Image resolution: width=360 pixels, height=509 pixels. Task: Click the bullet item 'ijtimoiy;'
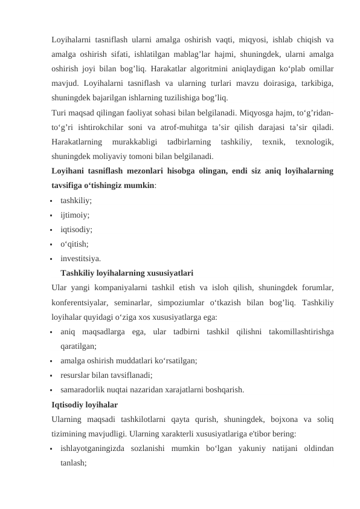click(x=76, y=215)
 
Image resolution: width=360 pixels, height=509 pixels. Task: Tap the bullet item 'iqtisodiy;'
click(x=77, y=230)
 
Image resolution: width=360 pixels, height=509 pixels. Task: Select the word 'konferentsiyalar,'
click(x=80, y=302)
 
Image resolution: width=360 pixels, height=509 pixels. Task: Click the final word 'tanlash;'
click(x=74, y=463)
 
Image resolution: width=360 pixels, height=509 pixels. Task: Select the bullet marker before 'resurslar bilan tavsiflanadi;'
click(x=53, y=375)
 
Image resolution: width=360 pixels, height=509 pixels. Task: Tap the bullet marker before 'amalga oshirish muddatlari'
click(x=53, y=361)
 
